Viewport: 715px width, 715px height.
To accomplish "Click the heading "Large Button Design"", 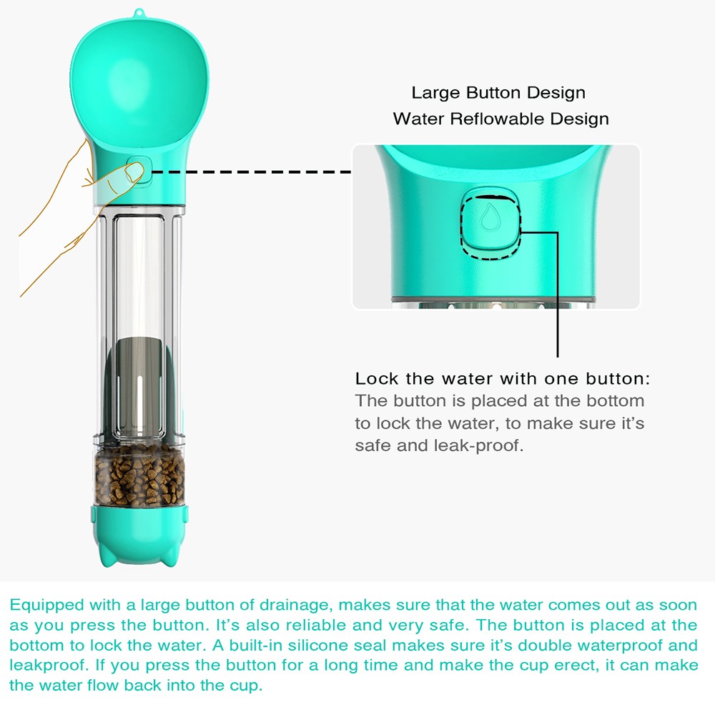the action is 498,93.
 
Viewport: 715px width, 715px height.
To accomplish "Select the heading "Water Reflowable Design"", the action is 500,119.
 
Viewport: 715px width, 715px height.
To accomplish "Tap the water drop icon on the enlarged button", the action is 490,217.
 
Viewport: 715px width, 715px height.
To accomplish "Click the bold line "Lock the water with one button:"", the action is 503,378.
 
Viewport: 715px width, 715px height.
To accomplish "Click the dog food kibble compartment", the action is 139,475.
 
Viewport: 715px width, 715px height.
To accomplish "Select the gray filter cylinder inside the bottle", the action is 139,387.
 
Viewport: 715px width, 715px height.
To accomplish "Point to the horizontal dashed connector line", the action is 251,172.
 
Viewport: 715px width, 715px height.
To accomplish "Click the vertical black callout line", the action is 557,294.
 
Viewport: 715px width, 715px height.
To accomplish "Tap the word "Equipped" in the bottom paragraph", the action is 47,606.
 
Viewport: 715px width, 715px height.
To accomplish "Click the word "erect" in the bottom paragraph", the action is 577,665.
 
